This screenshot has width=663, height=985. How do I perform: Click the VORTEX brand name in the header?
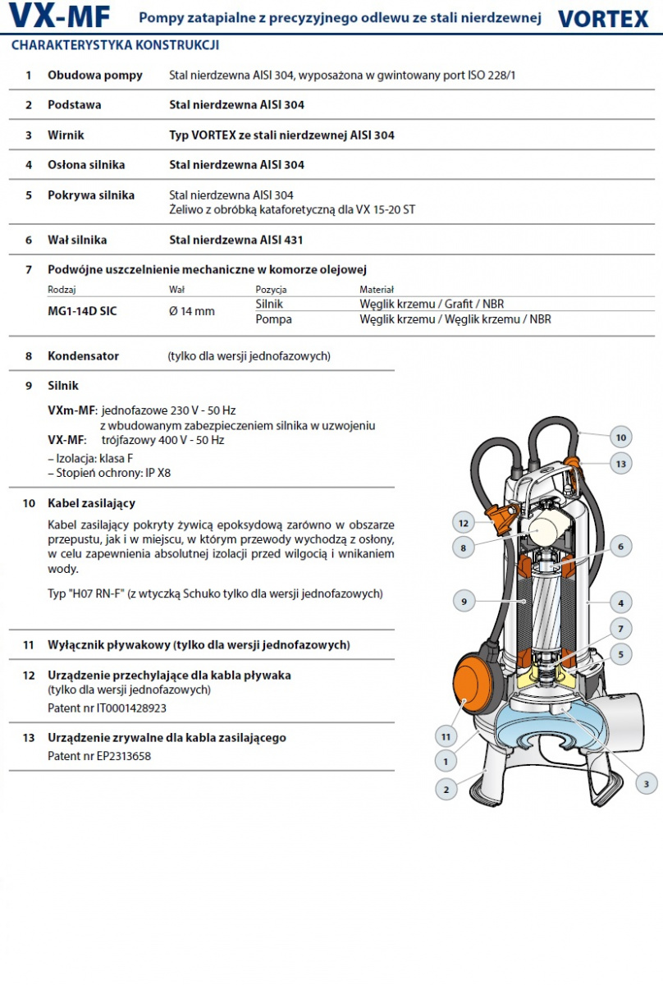coord(603,18)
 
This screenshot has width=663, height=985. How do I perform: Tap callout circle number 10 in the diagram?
coord(621,438)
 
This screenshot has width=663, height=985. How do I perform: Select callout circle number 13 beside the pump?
coord(621,464)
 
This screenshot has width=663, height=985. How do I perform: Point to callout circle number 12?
coord(464,522)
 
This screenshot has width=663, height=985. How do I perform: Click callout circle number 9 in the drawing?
coord(464,602)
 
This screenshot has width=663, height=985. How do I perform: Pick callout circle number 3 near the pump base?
coord(646,784)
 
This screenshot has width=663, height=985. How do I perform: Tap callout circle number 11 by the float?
coord(446,737)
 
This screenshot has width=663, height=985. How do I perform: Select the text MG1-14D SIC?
coord(82,311)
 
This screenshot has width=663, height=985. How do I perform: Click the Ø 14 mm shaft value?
coord(191,311)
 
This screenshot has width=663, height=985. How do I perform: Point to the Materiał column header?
coord(377,290)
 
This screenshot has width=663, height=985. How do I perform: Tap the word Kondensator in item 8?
coord(83,356)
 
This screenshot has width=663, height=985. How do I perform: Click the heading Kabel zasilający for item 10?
coord(91,503)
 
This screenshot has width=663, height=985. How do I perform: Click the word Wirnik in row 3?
coord(66,135)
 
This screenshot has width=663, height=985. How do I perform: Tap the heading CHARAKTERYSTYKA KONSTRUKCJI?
coord(115,45)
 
